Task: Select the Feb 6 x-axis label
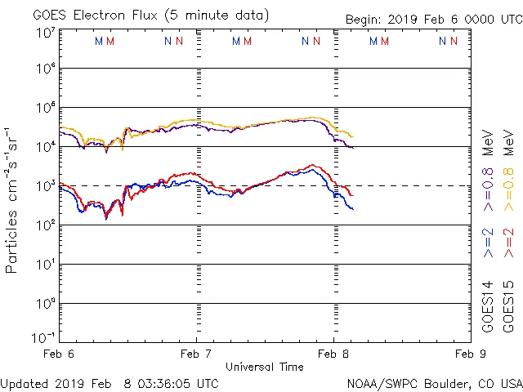59,354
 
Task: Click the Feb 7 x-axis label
196,354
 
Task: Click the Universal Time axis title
264,367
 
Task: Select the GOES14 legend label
488,306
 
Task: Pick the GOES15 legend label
509,306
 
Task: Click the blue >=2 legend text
488,243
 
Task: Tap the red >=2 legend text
509,243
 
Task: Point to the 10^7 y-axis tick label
45,33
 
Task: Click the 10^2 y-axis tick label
45,225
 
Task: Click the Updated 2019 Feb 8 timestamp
110,382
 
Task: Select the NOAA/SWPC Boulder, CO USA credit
434,382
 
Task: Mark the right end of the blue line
353,209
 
